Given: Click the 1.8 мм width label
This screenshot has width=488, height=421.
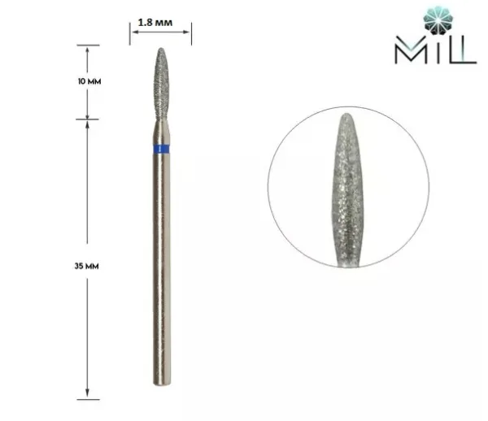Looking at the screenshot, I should (x=161, y=11).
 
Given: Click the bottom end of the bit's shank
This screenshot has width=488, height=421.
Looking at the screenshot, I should (x=161, y=397).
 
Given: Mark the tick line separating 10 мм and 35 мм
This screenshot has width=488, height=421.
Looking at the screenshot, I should (x=88, y=120).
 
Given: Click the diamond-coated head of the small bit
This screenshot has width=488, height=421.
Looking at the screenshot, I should (x=161, y=81).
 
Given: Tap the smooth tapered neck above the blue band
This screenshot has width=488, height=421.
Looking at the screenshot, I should (x=161, y=130).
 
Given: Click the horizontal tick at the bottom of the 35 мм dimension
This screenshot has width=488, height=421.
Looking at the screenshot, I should (x=88, y=399).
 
